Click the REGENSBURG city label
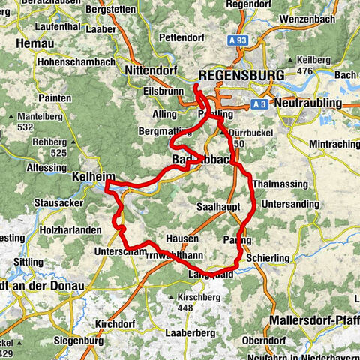tap(241, 76)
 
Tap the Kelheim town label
tap(91, 180)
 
